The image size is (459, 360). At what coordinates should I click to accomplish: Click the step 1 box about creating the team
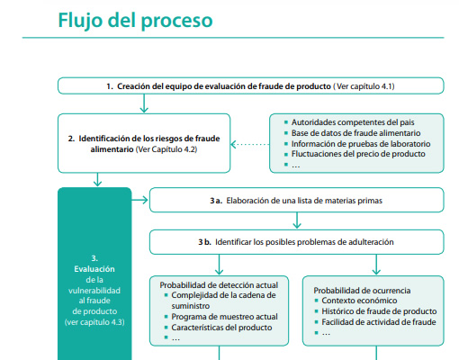(251, 86)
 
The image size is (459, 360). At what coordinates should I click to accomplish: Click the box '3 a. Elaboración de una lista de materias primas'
(296, 199)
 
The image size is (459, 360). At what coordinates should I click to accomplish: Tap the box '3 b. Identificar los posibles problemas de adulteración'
(296, 242)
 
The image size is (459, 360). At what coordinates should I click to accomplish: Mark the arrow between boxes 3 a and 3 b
(297, 220)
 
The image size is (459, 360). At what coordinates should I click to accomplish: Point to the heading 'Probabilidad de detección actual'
(219, 284)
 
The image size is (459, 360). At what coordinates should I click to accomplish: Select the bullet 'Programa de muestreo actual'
(224, 317)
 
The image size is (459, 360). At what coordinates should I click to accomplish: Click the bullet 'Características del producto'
(224, 328)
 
